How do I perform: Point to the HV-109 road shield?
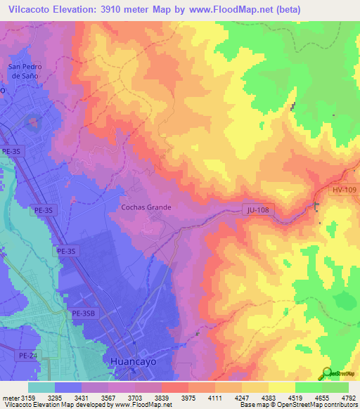pos(345,190)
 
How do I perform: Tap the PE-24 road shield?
pos(27,356)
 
